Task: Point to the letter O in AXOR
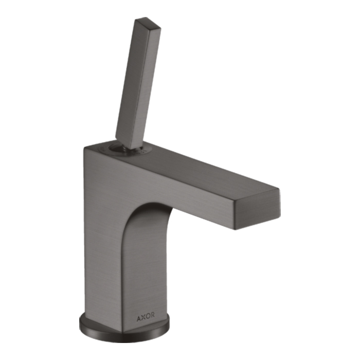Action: [x=148, y=316]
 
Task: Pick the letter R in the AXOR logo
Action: [x=153, y=315]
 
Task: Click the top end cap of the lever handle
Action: [x=148, y=23]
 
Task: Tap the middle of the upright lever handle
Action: [x=138, y=83]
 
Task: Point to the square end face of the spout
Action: [x=257, y=209]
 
